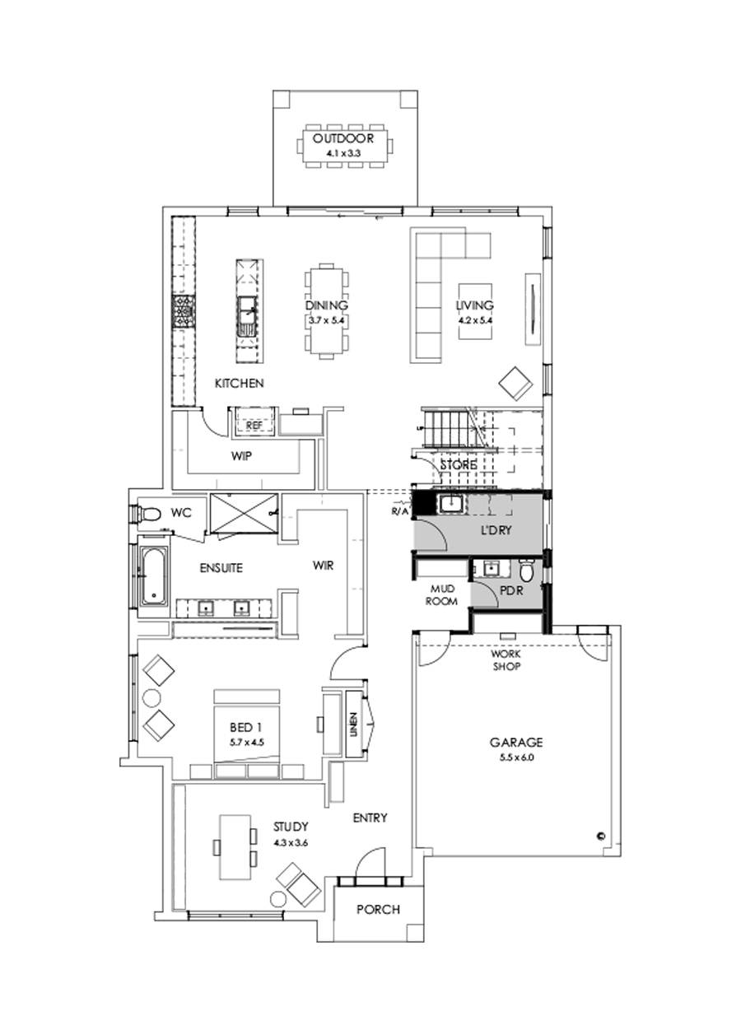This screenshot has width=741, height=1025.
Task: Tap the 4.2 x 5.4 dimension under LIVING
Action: [474, 319]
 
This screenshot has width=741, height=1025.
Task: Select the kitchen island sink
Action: [247, 313]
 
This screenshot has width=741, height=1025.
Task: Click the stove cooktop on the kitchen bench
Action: [182, 312]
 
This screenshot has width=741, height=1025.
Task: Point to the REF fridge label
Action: [254, 425]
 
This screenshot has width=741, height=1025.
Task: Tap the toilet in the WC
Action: [148, 514]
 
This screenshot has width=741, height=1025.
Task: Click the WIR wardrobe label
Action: [322, 566]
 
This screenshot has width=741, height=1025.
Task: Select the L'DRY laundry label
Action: [496, 531]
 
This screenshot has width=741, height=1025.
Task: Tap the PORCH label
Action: [378, 910]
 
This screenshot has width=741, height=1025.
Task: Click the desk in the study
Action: [234, 847]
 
